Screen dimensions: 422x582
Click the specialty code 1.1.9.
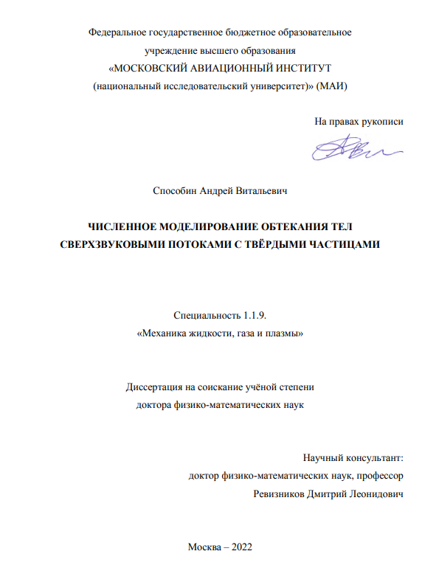pyautogui.click(x=249, y=316)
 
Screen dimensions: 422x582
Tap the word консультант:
pyautogui.click(x=371, y=458)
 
